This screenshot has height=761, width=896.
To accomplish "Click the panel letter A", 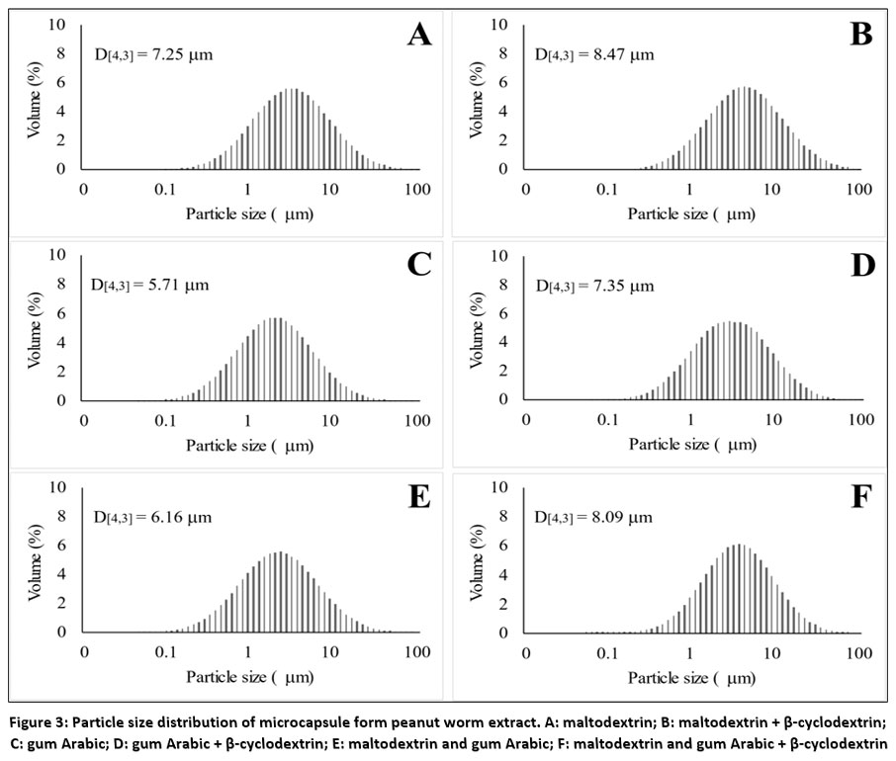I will [419, 36].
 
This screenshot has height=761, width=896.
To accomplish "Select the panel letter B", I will [861, 36].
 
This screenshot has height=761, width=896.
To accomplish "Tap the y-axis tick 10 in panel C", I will [58, 255].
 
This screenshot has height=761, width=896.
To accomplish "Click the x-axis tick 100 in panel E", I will [417, 652].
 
